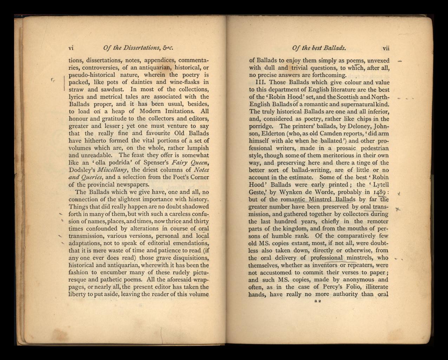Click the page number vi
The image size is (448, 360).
click(71, 48)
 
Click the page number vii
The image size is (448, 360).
click(386, 48)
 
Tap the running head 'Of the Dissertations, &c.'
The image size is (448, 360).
click(138, 48)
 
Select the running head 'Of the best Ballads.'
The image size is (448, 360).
click(318, 48)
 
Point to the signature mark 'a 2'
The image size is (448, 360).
click(318, 301)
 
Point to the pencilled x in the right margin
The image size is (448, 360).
click(397, 210)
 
